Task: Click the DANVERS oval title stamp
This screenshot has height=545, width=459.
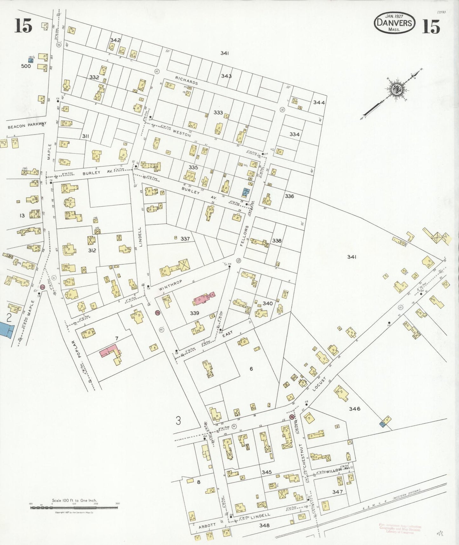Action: coord(394,23)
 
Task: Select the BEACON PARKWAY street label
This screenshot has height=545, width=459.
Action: coord(27,126)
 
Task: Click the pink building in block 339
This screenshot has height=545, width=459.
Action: coord(204,299)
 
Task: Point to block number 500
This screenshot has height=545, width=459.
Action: coord(26,66)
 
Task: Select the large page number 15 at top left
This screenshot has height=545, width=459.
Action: coord(23,26)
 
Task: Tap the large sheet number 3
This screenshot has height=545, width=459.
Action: coord(178,421)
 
